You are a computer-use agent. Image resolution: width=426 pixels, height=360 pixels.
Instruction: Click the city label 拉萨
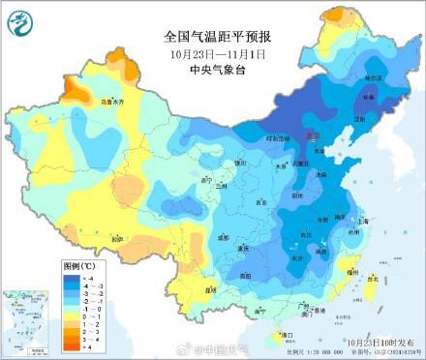[x=117, y=239]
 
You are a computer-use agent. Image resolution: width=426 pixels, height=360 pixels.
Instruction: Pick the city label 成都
[x=224, y=235]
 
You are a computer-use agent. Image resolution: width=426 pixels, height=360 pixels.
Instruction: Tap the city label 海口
[x=285, y=334]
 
